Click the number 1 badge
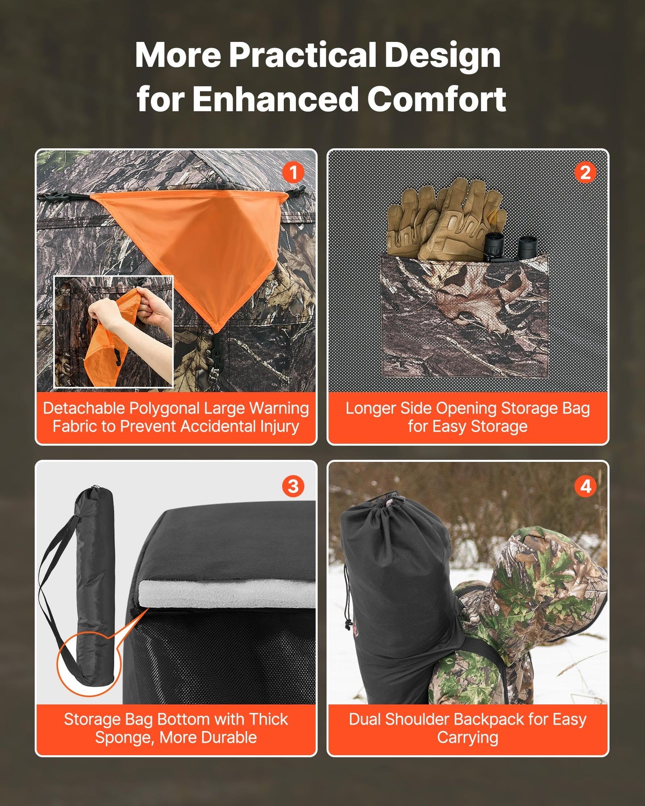click(293, 173)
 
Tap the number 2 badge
click(585, 173)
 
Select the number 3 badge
click(293, 486)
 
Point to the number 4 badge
click(585, 486)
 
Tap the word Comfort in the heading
click(436, 99)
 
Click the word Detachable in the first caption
click(84, 408)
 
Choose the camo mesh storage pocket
click(464, 317)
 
